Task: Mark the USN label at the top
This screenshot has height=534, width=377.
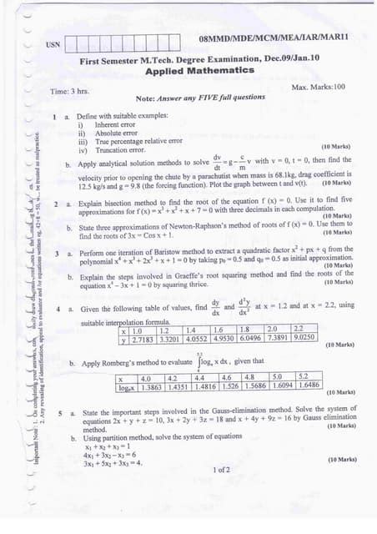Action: [53, 44]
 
